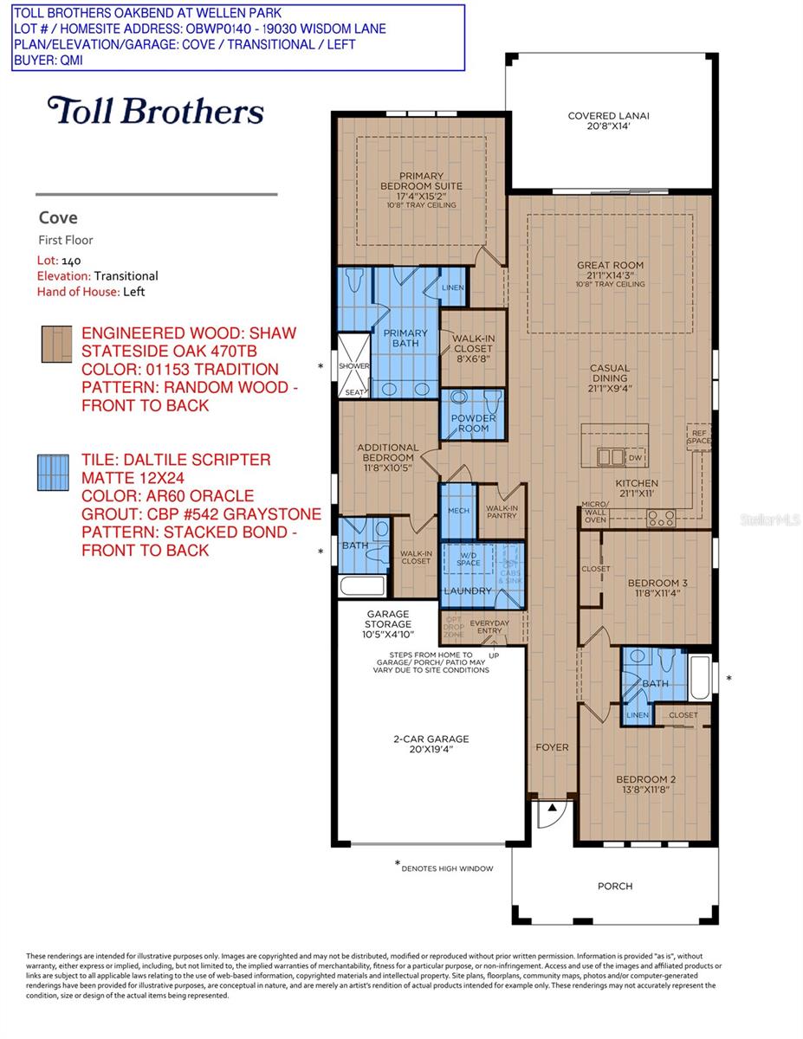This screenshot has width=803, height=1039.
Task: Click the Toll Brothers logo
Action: point(156,111)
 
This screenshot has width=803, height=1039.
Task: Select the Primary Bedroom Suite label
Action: point(422,186)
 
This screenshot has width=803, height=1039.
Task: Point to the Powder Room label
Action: point(473,423)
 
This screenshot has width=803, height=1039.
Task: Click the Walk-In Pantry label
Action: point(502,514)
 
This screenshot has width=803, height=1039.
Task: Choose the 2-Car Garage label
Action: point(430,744)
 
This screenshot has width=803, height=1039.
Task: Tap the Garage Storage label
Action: point(386,629)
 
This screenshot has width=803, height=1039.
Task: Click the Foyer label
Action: point(552,746)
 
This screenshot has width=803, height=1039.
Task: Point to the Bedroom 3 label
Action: point(657,588)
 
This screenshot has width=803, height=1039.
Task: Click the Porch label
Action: point(615,886)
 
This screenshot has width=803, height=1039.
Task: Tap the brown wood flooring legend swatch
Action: point(53,342)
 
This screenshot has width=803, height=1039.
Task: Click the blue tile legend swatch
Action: point(53,473)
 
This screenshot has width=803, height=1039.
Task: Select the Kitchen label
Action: point(637,488)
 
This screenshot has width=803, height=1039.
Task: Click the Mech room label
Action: point(458,511)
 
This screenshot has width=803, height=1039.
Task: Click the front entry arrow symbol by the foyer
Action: point(548,811)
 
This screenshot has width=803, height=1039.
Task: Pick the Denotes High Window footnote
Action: point(444,867)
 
